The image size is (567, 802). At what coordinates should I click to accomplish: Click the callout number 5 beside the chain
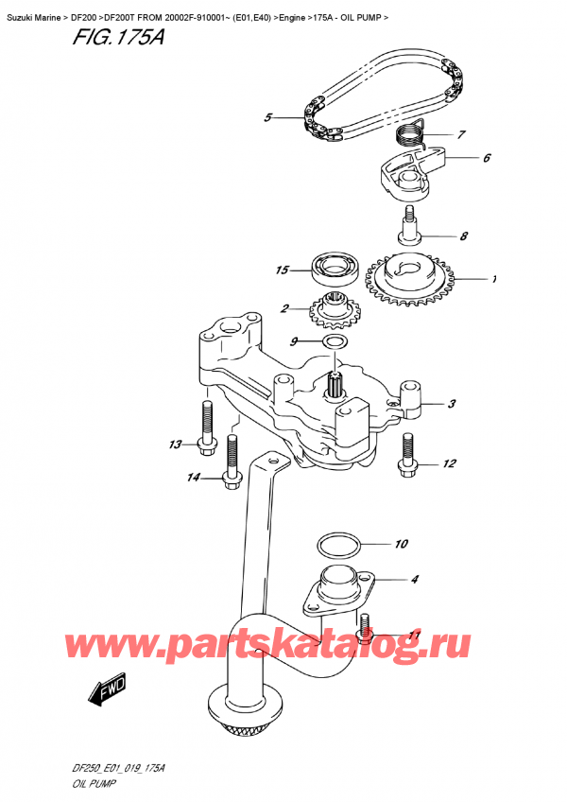pyautogui.click(x=268, y=118)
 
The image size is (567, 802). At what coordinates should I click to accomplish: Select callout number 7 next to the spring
pyautogui.click(x=461, y=134)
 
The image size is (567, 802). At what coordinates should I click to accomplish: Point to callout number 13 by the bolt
pyautogui.click(x=174, y=445)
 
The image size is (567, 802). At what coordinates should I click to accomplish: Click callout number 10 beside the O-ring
pyautogui.click(x=401, y=544)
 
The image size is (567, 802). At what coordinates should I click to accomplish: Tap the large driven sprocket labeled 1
pyautogui.click(x=413, y=279)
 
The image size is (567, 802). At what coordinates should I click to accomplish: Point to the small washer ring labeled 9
pyautogui.click(x=334, y=340)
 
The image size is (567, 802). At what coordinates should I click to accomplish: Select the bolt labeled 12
pyautogui.click(x=408, y=451)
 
